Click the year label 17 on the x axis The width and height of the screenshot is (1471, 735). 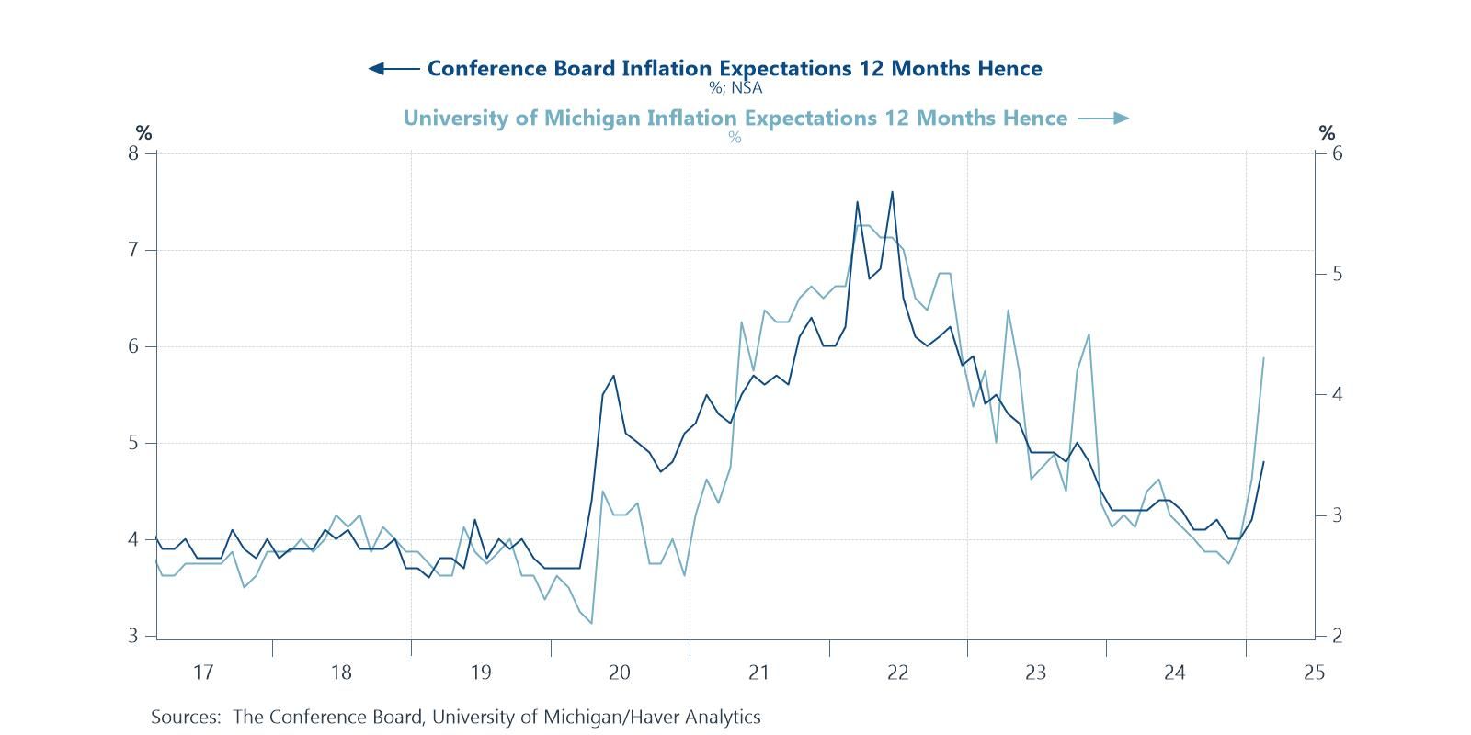click(x=202, y=673)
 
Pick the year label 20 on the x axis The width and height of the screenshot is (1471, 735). click(x=619, y=673)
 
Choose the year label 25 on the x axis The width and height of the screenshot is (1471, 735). click(x=1313, y=673)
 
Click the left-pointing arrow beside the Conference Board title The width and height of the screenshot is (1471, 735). click(x=393, y=68)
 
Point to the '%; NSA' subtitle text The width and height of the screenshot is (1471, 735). click(x=735, y=88)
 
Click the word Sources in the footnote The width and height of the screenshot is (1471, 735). click(x=185, y=717)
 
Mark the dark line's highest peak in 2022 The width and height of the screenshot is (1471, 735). click(x=892, y=192)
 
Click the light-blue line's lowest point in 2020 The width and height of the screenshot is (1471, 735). click(x=591, y=623)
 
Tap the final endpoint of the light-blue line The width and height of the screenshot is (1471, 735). click(x=1263, y=357)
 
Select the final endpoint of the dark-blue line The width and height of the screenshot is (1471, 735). click(x=1263, y=462)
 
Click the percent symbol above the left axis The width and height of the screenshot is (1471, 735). click(x=143, y=132)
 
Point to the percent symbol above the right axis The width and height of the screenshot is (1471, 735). click(x=1326, y=132)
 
